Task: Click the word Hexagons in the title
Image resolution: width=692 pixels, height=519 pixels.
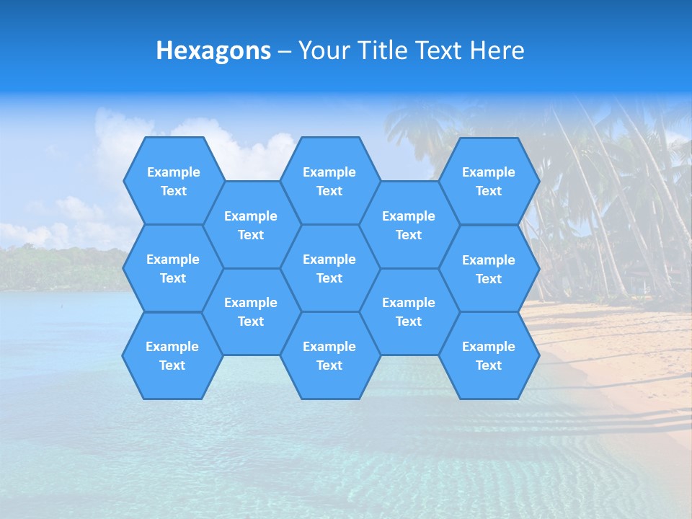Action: tap(213, 50)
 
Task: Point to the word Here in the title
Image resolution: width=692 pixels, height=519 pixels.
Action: tap(497, 50)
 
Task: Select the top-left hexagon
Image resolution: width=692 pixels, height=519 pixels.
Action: tap(173, 181)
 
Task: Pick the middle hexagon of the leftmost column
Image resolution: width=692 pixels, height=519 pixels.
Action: tap(173, 268)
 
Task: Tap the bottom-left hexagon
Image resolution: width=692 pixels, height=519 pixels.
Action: tap(172, 355)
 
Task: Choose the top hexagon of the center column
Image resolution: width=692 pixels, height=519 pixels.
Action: tap(329, 181)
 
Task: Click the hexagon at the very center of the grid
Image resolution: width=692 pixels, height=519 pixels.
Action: tap(329, 268)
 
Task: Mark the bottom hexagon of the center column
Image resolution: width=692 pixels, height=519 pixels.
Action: tap(329, 355)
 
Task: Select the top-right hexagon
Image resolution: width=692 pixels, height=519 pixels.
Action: tap(489, 181)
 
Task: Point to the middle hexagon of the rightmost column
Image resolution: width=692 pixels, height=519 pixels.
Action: tap(489, 269)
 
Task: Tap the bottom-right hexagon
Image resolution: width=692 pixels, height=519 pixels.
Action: tap(489, 355)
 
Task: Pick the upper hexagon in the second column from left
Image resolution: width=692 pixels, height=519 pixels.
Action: tap(251, 225)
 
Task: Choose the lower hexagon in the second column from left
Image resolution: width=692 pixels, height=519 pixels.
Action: tap(251, 311)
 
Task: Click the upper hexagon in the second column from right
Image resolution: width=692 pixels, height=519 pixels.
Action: tap(409, 225)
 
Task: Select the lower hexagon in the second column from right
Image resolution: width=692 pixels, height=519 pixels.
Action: tap(409, 311)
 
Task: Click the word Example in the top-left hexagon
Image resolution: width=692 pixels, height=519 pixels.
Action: tap(173, 172)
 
